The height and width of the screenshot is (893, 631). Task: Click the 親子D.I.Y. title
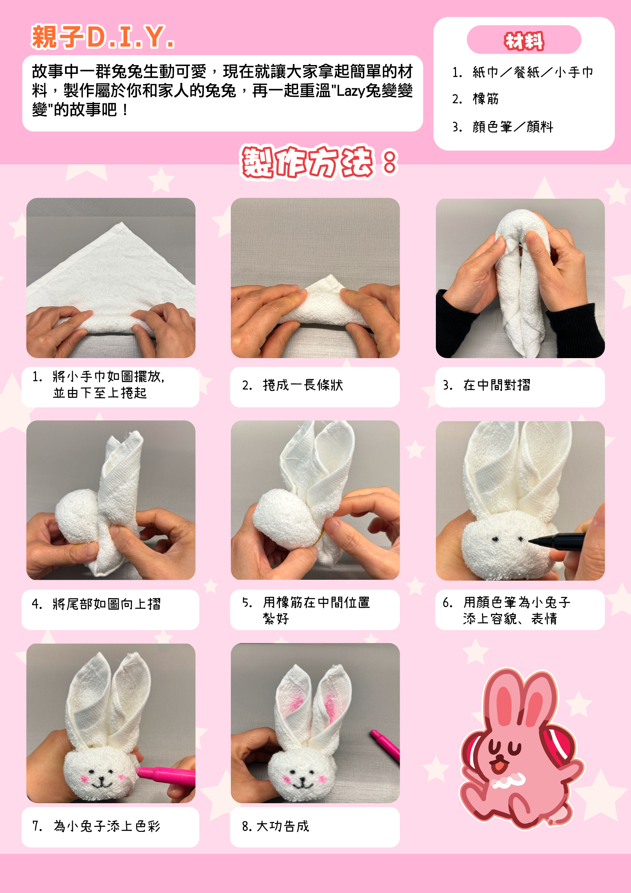[103, 37]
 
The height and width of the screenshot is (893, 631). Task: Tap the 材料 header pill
[524, 40]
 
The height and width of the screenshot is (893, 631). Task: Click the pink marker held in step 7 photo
[165, 774]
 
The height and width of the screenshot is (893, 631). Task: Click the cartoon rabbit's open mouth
[498, 765]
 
